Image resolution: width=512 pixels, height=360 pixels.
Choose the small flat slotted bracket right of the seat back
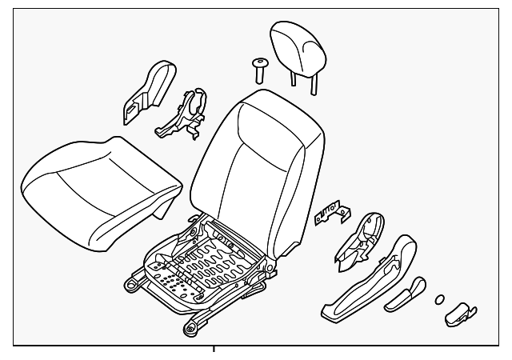(x=330, y=214)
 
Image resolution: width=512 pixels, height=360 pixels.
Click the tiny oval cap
(x=438, y=300)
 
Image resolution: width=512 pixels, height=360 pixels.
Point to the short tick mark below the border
(x=214, y=350)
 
